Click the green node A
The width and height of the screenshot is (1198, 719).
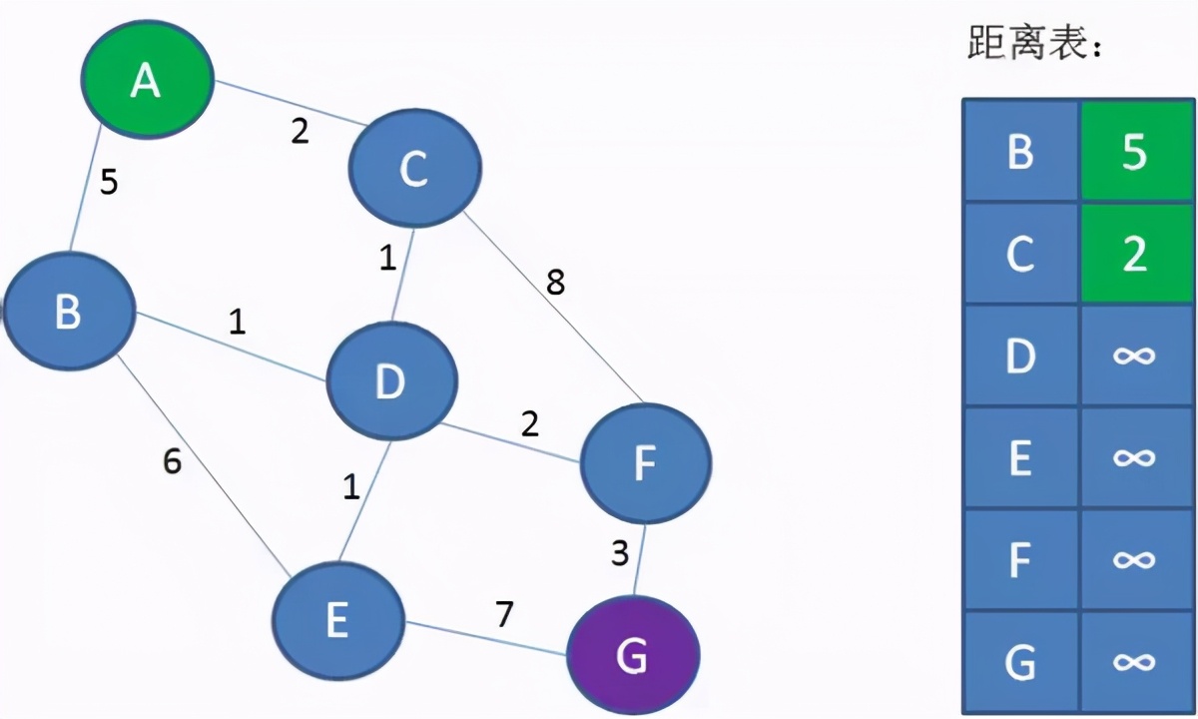click(147, 80)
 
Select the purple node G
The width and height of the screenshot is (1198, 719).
click(633, 655)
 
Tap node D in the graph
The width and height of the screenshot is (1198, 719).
click(390, 380)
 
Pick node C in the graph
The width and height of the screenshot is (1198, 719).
click(414, 168)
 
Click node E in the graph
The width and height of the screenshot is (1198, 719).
click(338, 620)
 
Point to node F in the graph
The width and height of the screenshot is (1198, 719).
click(645, 462)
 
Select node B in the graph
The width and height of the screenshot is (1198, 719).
click(68, 311)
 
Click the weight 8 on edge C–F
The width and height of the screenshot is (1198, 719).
click(555, 283)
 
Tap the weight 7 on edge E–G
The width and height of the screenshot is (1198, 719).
click(505, 614)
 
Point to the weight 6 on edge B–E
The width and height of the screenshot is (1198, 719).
click(173, 462)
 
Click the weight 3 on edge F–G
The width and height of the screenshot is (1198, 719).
click(620, 552)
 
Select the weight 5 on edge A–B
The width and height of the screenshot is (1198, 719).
click(110, 183)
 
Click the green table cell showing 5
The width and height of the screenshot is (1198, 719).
click(1134, 153)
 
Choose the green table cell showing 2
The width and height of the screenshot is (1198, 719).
click(1134, 255)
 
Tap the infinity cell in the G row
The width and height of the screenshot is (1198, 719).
click(1134, 661)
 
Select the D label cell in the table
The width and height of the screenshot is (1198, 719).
click(1020, 357)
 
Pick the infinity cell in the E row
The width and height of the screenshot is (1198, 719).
click(1134, 458)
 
